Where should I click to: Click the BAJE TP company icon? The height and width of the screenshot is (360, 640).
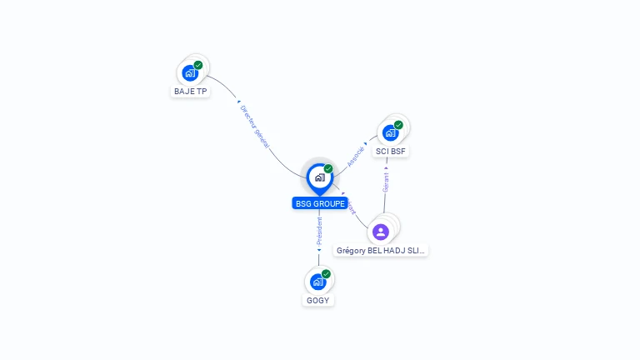(191, 73)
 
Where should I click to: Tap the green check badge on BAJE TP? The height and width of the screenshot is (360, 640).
(198, 64)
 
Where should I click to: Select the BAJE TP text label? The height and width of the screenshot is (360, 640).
(191, 91)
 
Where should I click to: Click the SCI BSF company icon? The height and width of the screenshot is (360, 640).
(390, 133)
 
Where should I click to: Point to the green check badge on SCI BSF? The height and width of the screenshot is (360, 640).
(398, 125)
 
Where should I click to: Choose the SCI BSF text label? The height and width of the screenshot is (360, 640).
(390, 151)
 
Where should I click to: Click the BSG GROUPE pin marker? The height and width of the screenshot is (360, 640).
(319, 177)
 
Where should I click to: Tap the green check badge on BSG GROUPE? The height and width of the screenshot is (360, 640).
(328, 168)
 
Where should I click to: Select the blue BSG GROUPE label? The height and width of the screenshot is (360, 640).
(320, 203)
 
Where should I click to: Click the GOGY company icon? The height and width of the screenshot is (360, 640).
(317, 282)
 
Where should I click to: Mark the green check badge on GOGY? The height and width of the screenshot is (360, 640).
(326, 273)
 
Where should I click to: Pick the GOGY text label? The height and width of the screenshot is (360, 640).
(318, 300)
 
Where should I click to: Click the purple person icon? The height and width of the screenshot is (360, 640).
(381, 232)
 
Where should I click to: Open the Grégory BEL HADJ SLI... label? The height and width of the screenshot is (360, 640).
(381, 250)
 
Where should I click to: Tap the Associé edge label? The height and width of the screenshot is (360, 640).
(356, 156)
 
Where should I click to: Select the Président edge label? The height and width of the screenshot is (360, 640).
(319, 231)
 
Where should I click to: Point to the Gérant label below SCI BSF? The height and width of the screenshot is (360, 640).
(386, 182)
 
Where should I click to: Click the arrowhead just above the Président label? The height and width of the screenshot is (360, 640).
(319, 214)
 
